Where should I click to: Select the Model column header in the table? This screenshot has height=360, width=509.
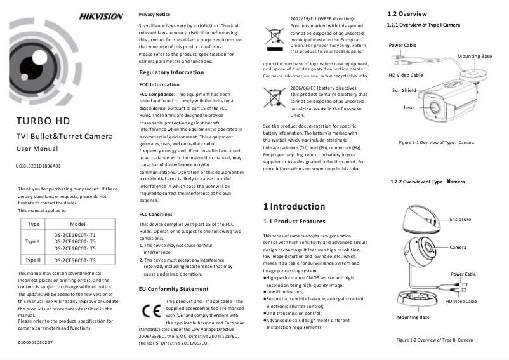pos(77,224)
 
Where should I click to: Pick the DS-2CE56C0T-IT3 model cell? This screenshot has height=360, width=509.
pos(75,260)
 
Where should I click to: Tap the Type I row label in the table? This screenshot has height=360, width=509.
pos(32,242)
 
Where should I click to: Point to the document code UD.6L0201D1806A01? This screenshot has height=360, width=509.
pos(38,166)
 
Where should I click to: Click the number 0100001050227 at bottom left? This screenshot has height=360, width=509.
pos(36,342)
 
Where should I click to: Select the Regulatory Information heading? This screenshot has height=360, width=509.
pos(171,72)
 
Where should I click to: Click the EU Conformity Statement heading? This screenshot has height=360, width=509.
pos(173,289)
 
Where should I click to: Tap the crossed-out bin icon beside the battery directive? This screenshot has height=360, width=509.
pos(274,100)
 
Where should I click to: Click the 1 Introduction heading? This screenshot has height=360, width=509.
pos(294,206)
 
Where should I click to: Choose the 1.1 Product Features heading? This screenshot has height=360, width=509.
pos(294,222)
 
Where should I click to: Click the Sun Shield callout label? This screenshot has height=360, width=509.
pos(404,90)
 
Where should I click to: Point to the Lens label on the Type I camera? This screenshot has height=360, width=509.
pos(409,107)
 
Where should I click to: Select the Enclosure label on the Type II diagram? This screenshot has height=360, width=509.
pos(460,219)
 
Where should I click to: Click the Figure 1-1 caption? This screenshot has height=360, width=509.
pos(436,143)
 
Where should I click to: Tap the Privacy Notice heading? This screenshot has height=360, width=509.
pos(154,13)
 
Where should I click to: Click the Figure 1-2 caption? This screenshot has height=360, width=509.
pos(435,340)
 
